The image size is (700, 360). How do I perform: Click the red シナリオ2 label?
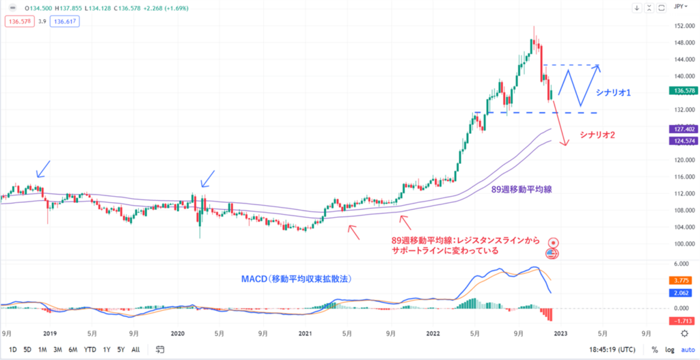click(597, 135)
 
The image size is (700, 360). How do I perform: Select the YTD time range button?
click(90, 349)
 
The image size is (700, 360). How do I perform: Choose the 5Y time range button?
click(122, 349)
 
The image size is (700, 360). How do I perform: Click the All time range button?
click(136, 349)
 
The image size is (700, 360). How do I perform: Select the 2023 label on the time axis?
click(558, 333)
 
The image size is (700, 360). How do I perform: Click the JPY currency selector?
click(679, 8)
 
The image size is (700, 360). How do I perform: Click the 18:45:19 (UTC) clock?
click(615, 349)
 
